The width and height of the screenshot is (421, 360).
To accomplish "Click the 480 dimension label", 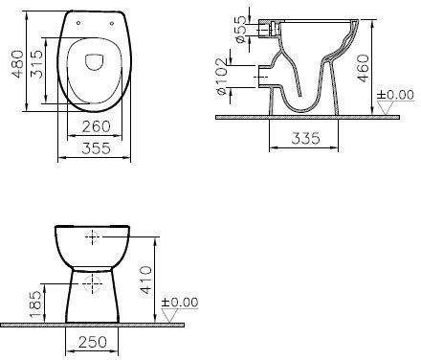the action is [x=18, y=64].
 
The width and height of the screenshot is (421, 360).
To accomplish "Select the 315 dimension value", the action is [x=36, y=64].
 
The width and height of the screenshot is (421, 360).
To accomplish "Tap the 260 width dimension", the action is [x=96, y=126].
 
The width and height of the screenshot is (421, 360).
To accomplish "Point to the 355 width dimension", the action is [x=96, y=148].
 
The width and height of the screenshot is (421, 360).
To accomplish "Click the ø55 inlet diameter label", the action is [x=240, y=29].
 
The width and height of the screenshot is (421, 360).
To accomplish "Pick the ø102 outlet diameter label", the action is [x=221, y=77].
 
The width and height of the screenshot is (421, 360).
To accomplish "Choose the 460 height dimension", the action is [x=364, y=69].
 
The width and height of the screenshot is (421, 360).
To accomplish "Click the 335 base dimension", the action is [x=305, y=138].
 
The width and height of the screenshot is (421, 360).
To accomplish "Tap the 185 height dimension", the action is [x=36, y=304].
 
